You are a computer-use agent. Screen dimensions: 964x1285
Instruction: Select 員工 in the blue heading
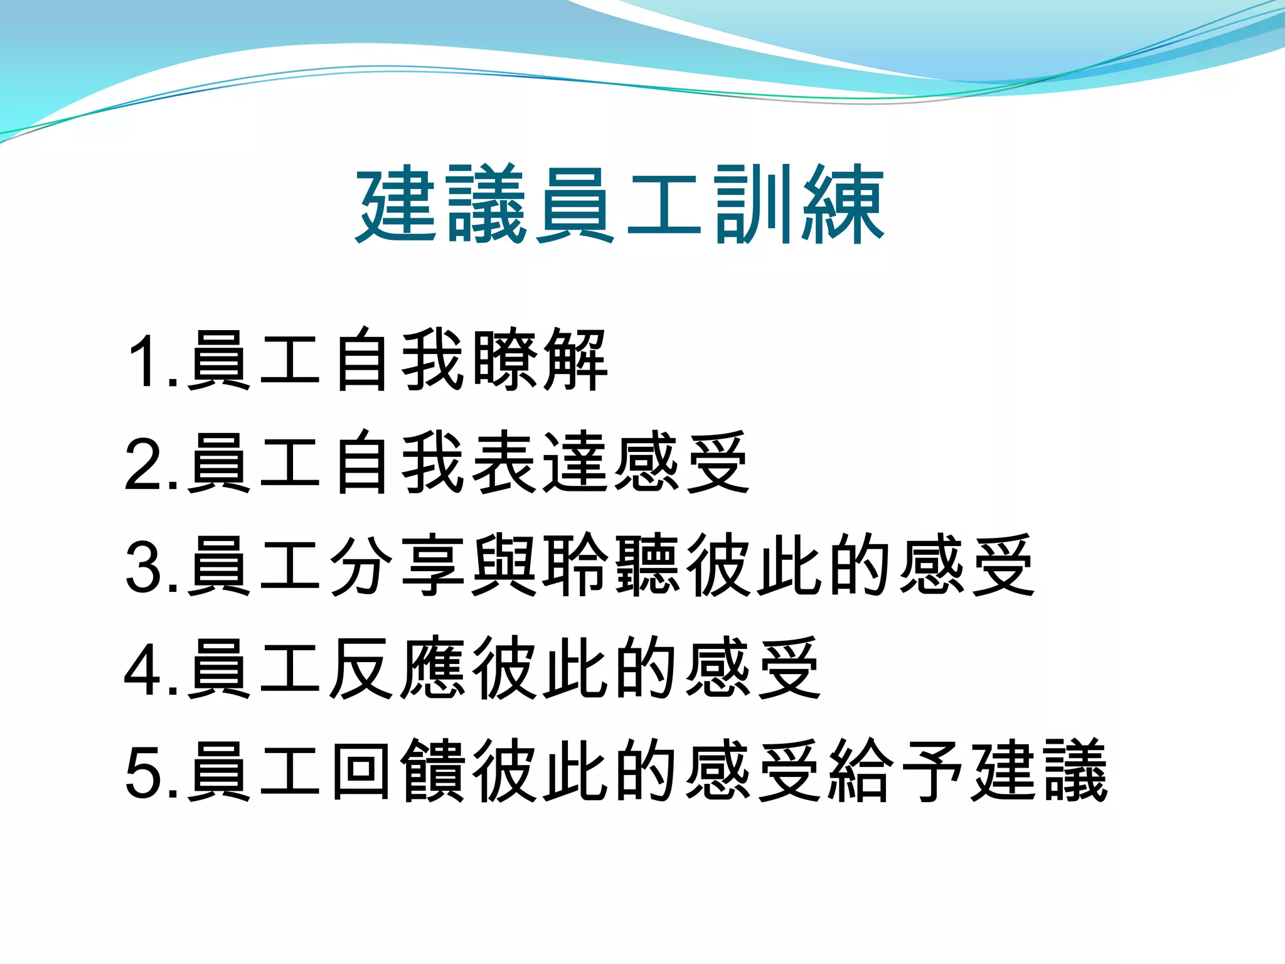[x=618, y=205]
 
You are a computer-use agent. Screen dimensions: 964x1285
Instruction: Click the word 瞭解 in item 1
[x=540, y=360]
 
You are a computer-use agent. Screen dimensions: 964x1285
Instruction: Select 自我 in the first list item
[x=398, y=360]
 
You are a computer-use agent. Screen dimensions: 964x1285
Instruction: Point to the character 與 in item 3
[x=504, y=565]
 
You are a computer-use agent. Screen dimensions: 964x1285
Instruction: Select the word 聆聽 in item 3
[x=611, y=565]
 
